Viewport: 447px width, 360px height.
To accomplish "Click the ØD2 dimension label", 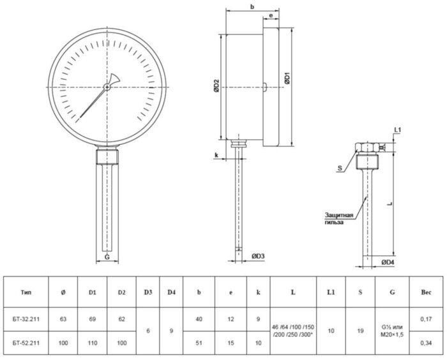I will click(x=216, y=86).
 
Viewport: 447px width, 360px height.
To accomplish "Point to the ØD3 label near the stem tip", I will click(x=257, y=257).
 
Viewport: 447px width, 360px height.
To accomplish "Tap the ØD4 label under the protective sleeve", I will click(x=387, y=262).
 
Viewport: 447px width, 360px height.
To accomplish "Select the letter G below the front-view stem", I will click(x=107, y=258).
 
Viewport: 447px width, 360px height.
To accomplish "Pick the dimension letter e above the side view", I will click(x=271, y=15).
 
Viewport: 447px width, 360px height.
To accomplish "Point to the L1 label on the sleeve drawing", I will click(x=398, y=130).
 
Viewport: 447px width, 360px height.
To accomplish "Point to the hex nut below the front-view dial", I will click(x=107, y=154).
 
